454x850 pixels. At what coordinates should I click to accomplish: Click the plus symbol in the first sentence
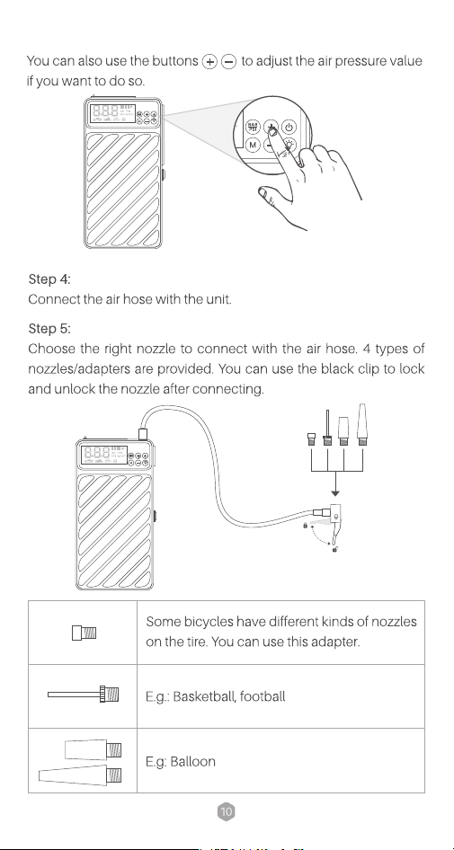209,62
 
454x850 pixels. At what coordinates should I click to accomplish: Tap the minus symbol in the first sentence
229,62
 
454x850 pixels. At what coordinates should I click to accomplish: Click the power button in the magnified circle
289,128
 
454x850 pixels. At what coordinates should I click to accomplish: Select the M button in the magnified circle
253,146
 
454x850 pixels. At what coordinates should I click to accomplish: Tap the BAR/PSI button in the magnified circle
253,128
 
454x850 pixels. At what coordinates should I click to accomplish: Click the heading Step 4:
49,279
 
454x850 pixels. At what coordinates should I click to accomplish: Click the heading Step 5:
49,329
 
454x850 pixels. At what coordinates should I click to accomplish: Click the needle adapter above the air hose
327,428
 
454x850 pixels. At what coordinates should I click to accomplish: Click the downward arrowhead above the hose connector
335,492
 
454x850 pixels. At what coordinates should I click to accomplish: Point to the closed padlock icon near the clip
306,524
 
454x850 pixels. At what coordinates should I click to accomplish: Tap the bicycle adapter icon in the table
85,633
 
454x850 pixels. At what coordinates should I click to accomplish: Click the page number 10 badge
227,811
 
